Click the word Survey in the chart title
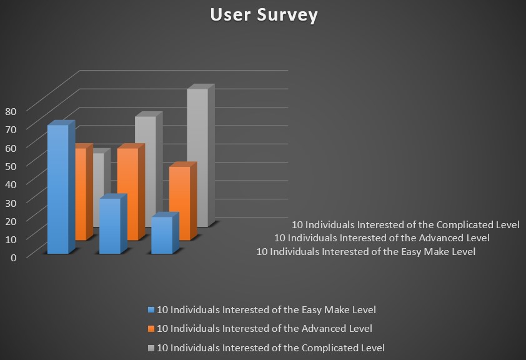(287, 16)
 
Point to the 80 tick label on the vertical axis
(11, 111)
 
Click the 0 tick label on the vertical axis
(13, 257)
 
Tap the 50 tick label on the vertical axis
(11, 166)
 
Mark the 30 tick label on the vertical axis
(11, 202)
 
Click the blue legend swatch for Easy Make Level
(151, 309)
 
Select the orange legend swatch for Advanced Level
(151, 329)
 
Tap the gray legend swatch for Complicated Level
(151, 348)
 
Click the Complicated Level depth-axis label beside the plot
(405, 224)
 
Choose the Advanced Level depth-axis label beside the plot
(382, 238)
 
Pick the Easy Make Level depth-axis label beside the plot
(366, 252)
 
